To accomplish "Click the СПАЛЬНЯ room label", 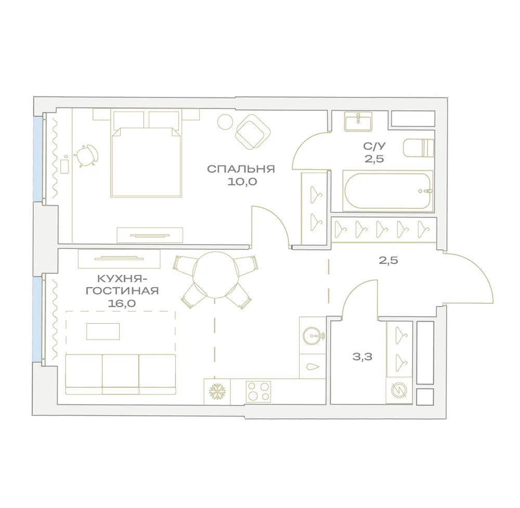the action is point(241,169).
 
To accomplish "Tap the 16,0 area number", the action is point(122,303).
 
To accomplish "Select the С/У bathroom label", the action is point(374,146).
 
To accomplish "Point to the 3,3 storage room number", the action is point(362,357).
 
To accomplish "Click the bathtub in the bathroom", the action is point(388,191).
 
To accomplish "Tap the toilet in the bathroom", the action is point(419,148).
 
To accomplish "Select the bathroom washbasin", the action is point(358,121).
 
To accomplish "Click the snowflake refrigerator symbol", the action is point(217,391).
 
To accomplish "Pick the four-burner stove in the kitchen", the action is point(258,391).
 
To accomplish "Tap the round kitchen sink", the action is point(313,335).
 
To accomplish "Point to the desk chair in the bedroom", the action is point(86,155).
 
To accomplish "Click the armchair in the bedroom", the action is point(253,132).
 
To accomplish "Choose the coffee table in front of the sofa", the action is point(103,332).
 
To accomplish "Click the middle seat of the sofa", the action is point(121,374).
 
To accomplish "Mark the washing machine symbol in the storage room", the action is point(399,390).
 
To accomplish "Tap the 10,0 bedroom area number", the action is point(242,182).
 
